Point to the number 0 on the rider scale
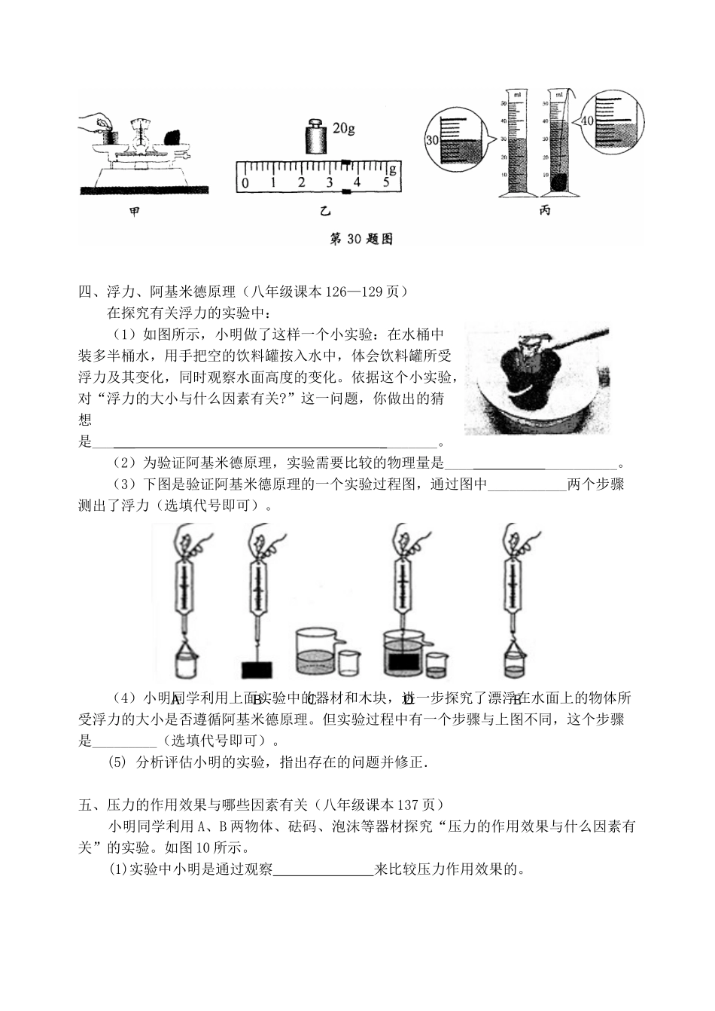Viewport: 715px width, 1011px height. coord(245,182)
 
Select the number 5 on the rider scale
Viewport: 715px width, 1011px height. coord(386,182)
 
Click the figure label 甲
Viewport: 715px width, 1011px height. coord(134,213)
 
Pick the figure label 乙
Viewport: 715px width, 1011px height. coord(324,212)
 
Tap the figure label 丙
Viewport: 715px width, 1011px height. coord(544,210)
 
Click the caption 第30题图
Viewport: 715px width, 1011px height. coord(361,239)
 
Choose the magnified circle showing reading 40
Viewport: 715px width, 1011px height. coord(611,121)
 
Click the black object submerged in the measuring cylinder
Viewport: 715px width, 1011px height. coord(561,182)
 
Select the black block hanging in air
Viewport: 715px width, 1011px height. coord(256,668)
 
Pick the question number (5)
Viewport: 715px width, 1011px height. coord(118,762)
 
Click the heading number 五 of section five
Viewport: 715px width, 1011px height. coord(84,805)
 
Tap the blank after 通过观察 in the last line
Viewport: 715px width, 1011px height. coord(324,870)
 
